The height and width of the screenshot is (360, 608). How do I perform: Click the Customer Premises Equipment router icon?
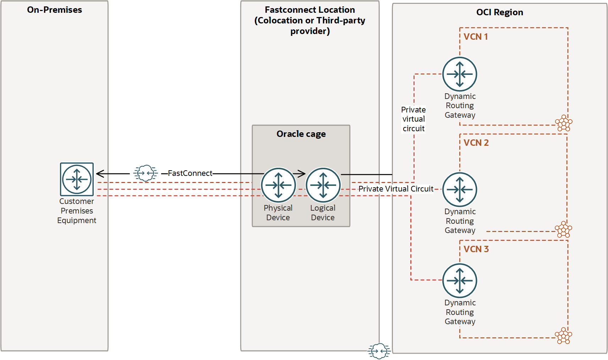[x=77, y=179]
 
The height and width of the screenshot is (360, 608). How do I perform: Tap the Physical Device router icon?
[x=278, y=185]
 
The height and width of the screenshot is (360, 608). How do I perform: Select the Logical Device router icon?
[x=323, y=185]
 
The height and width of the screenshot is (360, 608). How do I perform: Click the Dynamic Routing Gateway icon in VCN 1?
[x=460, y=74]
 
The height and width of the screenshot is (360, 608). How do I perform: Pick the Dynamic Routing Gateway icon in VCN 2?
[x=460, y=189]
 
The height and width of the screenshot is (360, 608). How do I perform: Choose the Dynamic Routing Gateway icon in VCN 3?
[x=460, y=281]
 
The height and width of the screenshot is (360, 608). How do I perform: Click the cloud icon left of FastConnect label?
[x=146, y=173]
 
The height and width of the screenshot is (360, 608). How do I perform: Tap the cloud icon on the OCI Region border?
[x=379, y=351]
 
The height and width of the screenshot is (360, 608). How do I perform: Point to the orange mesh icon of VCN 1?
[x=564, y=123]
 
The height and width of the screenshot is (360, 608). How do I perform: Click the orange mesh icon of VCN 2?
[x=563, y=229]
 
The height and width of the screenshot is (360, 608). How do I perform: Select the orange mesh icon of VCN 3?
[x=563, y=336]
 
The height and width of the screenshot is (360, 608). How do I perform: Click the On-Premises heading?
[x=54, y=10]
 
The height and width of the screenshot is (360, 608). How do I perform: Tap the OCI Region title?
[x=499, y=12]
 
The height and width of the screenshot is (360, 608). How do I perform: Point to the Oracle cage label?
[x=301, y=134]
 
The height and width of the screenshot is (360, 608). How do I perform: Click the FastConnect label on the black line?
[x=190, y=173]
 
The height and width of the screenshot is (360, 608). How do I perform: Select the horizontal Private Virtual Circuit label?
[x=396, y=189]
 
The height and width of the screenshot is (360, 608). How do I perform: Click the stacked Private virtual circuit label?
[x=413, y=119]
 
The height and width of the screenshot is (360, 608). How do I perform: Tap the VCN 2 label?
[x=476, y=143]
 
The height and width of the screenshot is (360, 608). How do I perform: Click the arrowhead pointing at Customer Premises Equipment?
[x=100, y=173]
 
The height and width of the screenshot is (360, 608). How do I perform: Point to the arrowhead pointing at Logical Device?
[x=301, y=173]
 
